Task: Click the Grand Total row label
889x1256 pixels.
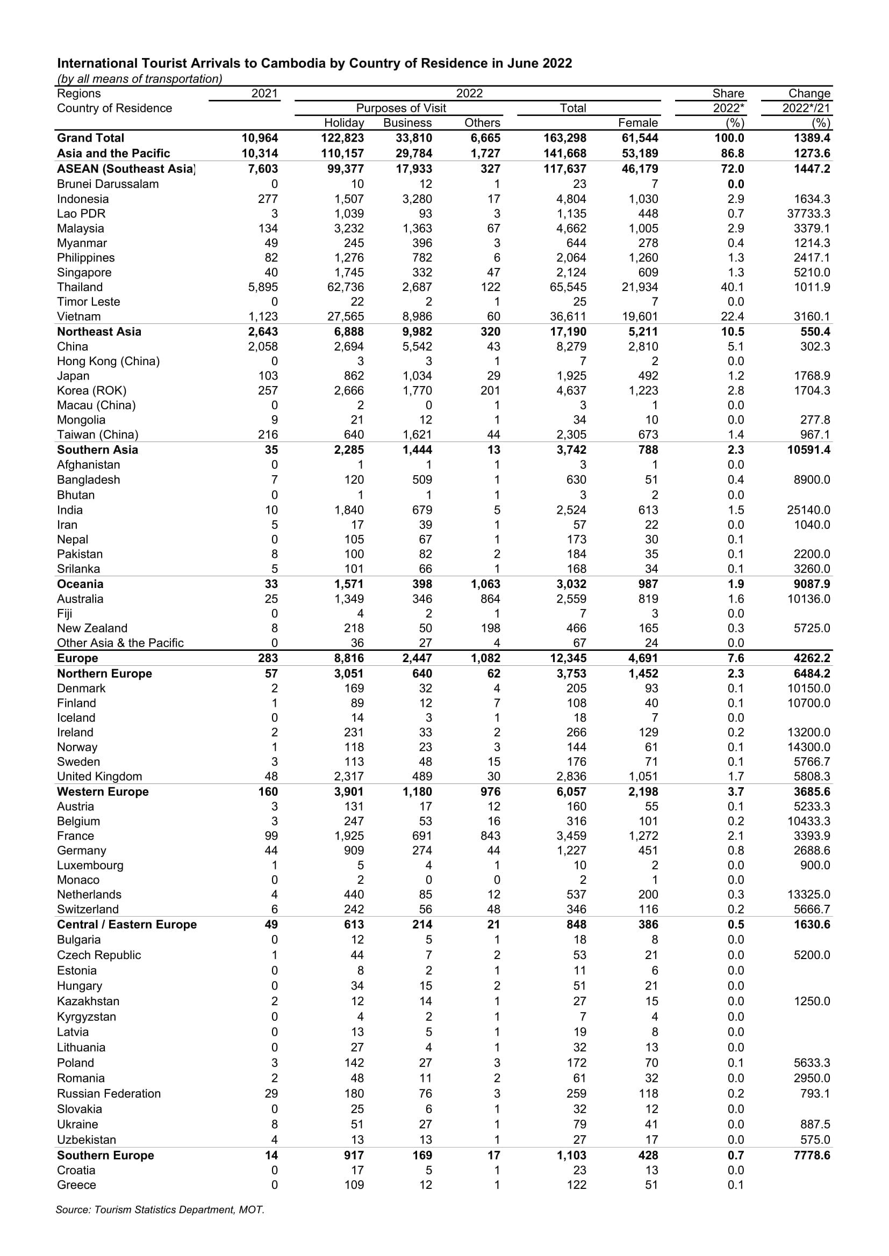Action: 90,138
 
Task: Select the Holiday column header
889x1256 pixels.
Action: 344,122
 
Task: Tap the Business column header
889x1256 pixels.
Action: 407,122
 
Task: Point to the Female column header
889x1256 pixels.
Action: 638,122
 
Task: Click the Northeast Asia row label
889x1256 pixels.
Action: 99,331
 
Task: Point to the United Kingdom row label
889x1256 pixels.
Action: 99,776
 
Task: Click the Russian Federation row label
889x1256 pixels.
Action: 109,1093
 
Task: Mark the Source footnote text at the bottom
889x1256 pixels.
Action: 160,1209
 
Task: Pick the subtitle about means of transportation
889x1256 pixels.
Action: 140,79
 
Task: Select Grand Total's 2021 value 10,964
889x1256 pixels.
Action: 260,138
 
